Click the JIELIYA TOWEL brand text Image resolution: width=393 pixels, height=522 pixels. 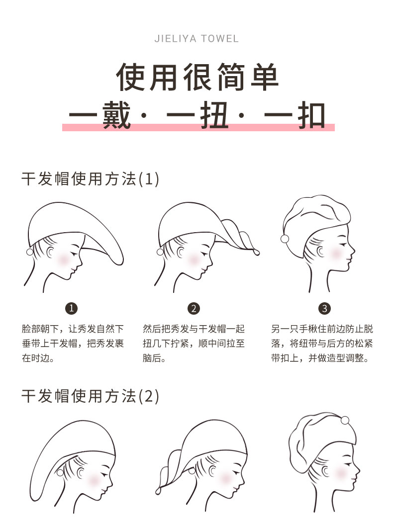pos(196,39)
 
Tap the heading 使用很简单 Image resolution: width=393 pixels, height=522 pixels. pos(197,77)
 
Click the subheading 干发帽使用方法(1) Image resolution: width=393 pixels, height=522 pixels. pos(90,179)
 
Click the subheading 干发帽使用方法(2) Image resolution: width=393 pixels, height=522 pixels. pos(90,396)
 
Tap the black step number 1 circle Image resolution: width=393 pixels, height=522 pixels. pos(72,308)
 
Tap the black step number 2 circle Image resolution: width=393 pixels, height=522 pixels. pos(194,308)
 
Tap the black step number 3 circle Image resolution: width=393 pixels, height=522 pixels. pos(324,308)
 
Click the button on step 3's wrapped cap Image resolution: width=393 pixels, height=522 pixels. pos(285,239)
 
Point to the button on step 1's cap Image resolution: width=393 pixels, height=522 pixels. pos(30,252)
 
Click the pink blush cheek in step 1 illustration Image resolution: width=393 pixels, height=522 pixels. pos(64,258)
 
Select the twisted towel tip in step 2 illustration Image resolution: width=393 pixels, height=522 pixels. pos(257,252)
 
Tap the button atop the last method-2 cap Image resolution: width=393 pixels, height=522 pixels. pos(345,421)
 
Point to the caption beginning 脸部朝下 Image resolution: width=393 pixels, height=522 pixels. pos(73,343)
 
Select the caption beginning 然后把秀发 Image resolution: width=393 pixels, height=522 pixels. pos(194,343)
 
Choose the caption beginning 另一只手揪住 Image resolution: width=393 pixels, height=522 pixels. pos(322,343)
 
